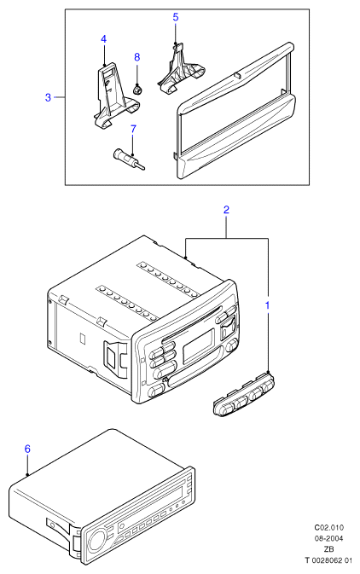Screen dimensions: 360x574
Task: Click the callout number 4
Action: pos(103,39)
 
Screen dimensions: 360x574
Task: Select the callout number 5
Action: pos(176,17)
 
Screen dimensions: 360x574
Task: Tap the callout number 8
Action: pos(137,57)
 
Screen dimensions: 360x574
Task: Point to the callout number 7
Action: pos(133,129)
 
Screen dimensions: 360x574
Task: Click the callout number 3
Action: pos(48,97)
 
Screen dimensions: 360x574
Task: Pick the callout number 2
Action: pos(226,210)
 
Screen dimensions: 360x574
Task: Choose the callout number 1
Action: pos(267,305)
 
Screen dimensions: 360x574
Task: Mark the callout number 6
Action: pos(27,449)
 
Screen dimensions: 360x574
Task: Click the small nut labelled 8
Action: pos(137,90)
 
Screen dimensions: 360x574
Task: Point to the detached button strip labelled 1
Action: pos(244,393)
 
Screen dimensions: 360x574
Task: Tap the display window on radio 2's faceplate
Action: pos(198,344)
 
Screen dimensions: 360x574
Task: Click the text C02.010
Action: pos(329,527)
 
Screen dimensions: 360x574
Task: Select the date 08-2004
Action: pos(329,538)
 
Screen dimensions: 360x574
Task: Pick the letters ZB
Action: pos(329,549)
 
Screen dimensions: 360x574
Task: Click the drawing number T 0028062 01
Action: pos(328,560)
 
